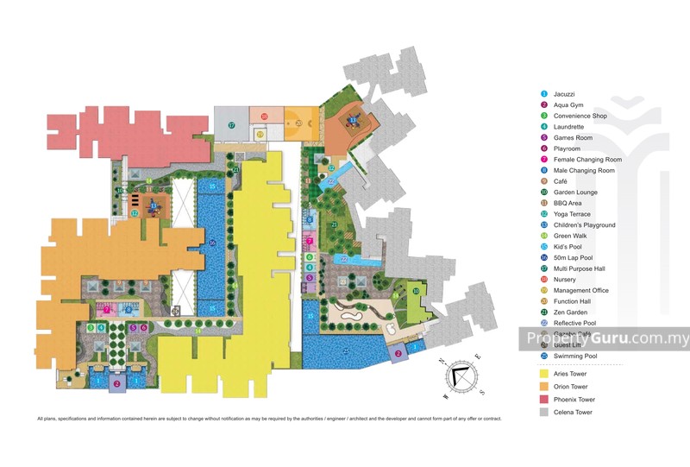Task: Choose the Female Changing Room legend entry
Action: [x=587, y=160]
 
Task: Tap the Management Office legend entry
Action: [x=580, y=290]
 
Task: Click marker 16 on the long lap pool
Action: [x=212, y=243]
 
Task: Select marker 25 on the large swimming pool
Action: [x=346, y=351]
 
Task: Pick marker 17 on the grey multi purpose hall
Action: [x=231, y=125]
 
